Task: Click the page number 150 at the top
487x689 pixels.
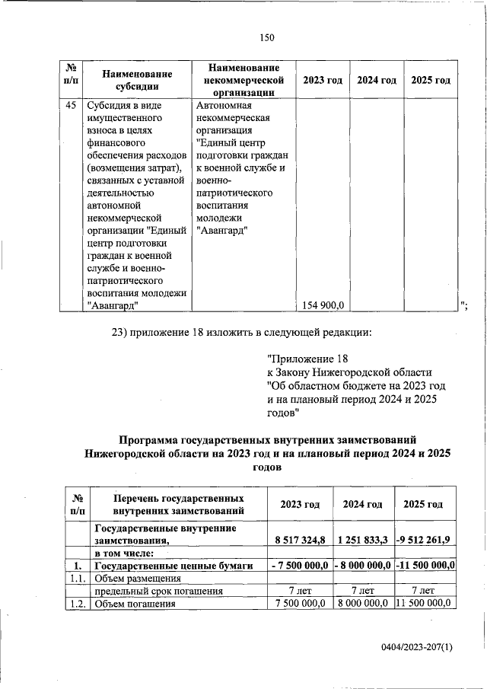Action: click(266, 37)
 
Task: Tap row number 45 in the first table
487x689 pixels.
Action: click(69, 107)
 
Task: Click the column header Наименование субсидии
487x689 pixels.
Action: click(137, 80)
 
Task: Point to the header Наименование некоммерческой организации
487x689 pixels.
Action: click(240, 80)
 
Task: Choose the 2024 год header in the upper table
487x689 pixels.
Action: click(376, 80)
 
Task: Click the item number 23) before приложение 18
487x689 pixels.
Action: click(123, 332)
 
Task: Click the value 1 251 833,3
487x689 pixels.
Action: click(363, 540)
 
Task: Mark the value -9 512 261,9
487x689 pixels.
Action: click(423, 540)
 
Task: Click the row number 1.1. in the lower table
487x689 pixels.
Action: click(76, 578)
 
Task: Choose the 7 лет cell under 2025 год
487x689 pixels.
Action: click(422, 590)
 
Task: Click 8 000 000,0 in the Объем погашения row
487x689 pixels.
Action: click(363, 603)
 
